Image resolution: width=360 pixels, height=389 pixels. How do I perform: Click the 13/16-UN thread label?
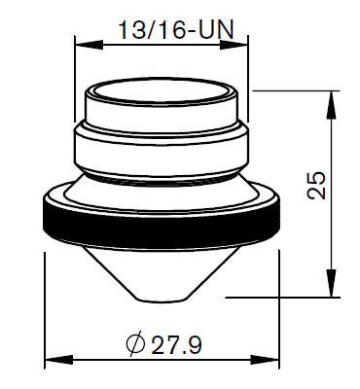(x=176, y=30)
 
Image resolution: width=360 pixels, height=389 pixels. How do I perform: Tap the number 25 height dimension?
(x=316, y=185)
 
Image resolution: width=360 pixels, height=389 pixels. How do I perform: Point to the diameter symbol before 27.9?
(x=135, y=343)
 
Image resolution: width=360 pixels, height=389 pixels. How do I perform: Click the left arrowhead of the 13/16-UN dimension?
(x=89, y=45)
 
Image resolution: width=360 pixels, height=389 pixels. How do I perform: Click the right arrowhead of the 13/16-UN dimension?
(x=234, y=45)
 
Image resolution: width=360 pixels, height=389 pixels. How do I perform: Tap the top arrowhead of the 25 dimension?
(x=331, y=105)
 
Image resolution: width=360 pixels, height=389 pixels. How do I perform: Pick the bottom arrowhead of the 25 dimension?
(x=331, y=283)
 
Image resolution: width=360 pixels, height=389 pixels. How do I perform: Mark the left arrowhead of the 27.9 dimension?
(x=58, y=360)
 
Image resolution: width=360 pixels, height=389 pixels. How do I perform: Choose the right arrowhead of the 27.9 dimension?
(x=265, y=360)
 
